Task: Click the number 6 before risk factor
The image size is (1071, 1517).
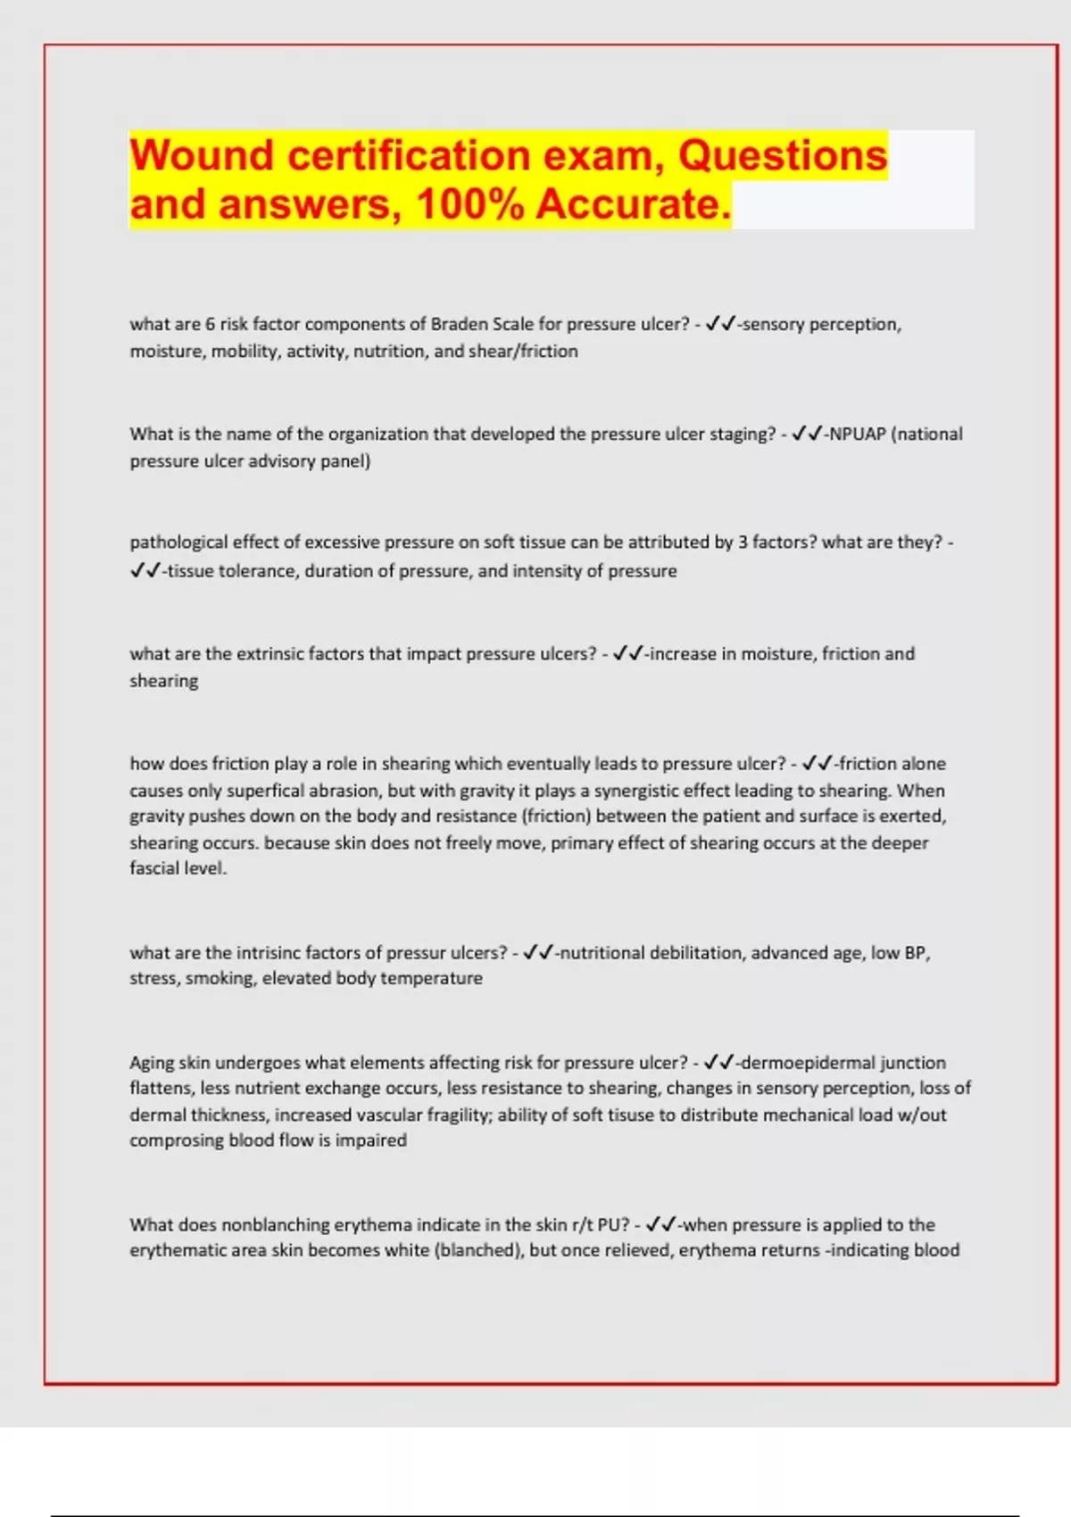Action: [211, 324]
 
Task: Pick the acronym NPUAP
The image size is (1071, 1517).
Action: [858, 435]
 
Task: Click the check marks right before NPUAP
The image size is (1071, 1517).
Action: [808, 435]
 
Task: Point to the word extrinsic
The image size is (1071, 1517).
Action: [270, 654]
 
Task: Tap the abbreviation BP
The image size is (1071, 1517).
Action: [916, 953]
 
